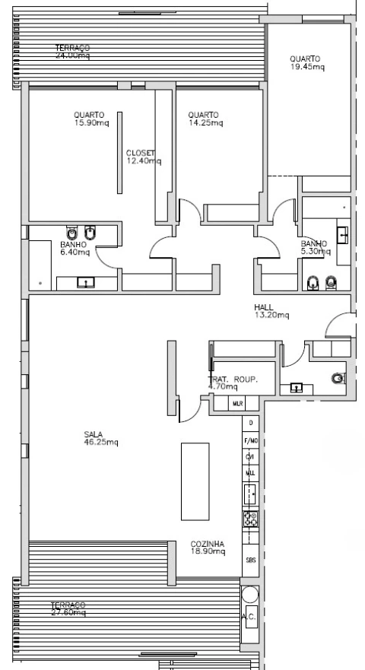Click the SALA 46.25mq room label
100,438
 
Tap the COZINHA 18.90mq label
208,548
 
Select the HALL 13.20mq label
271,311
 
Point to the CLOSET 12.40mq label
143,157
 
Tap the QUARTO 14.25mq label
205,119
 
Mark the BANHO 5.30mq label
316,247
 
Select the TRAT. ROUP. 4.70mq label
233,383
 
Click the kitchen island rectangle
194,481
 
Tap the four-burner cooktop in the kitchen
249,519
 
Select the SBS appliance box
249,560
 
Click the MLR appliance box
237,403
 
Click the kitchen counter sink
249,494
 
